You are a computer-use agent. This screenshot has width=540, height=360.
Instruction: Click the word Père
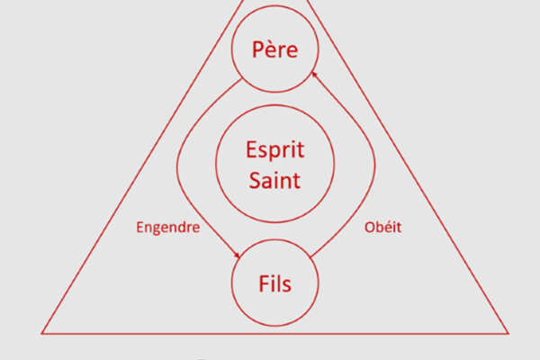[x=274, y=49]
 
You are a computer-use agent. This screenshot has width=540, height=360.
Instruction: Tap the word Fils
[x=274, y=283]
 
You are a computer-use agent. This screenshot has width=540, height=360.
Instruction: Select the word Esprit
[x=275, y=150]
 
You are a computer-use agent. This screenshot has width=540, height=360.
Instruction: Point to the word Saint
[x=274, y=180]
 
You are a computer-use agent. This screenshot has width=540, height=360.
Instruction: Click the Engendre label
[x=168, y=228]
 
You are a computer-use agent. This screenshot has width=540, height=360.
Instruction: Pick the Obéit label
[x=383, y=228]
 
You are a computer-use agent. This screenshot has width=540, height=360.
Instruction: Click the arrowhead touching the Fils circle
[x=237, y=256]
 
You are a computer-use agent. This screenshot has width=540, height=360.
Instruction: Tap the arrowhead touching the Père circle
[x=314, y=75]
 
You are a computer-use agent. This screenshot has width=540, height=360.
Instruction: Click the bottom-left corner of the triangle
[x=41, y=334]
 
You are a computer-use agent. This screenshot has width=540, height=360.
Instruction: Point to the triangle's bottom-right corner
[x=508, y=334]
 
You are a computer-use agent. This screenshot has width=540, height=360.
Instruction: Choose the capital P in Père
[x=258, y=50]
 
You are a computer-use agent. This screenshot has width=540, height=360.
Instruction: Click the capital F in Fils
[x=264, y=283]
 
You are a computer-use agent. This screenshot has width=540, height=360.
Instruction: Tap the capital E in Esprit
[x=251, y=149]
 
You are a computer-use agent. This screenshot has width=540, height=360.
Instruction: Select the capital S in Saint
[x=255, y=180]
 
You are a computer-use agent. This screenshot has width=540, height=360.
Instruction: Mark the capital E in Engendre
[x=139, y=228]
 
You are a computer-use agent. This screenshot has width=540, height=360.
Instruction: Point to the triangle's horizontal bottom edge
[x=275, y=334]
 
